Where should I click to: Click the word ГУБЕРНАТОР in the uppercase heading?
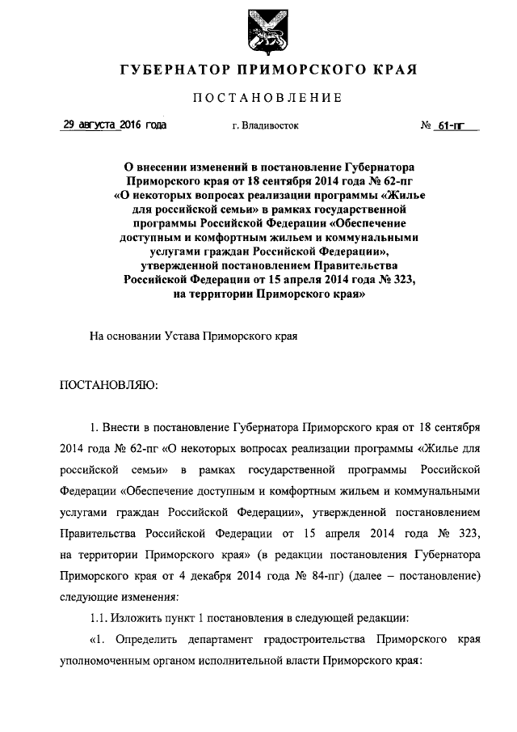click(x=166, y=70)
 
